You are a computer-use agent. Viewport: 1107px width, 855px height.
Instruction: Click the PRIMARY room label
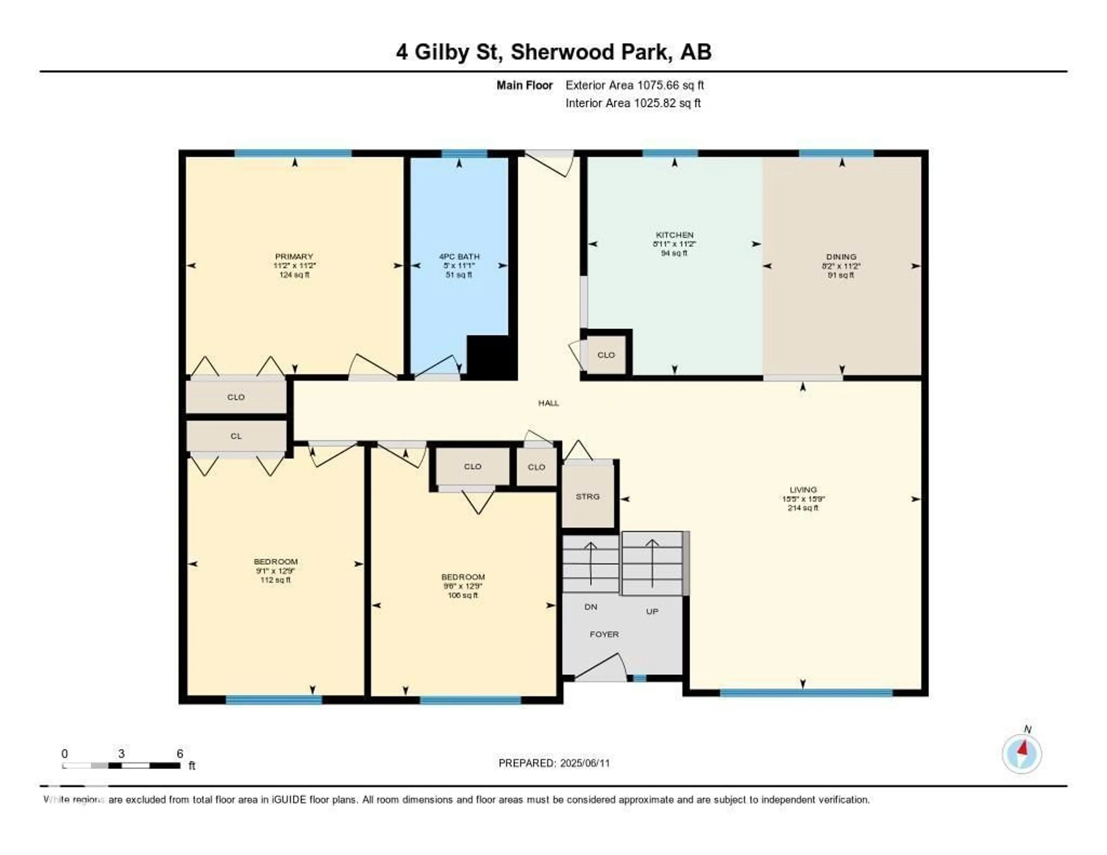294,257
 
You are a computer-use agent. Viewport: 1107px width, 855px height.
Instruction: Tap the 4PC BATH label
459,257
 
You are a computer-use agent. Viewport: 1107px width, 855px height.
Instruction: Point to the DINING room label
841,257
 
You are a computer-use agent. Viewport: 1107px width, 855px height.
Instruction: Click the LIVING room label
803,489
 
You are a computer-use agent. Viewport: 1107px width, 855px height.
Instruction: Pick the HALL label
548,403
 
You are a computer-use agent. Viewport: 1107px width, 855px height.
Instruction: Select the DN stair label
590,607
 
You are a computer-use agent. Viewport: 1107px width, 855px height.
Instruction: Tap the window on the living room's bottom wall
806,693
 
